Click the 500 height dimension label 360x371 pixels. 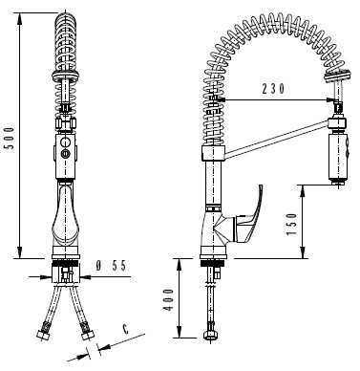tap(11, 138)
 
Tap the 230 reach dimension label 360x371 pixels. tap(273, 89)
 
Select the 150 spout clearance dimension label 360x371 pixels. tap(291, 224)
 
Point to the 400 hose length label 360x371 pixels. tap(169, 300)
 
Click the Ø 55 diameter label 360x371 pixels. tap(112, 266)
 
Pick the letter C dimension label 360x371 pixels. tap(126, 329)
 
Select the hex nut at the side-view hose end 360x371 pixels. tap(210, 335)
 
